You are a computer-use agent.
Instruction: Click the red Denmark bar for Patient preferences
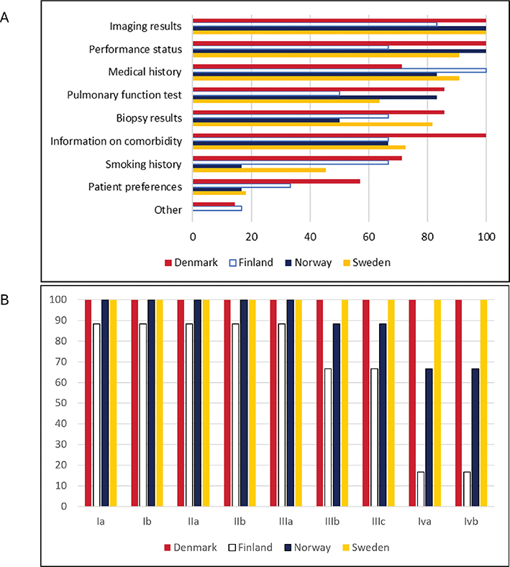coord(276,181)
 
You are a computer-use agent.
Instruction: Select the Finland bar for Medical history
coord(340,71)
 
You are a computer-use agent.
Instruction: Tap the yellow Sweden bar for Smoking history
coord(259,170)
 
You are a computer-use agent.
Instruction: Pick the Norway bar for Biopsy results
coord(266,120)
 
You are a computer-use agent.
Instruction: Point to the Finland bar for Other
coord(217,208)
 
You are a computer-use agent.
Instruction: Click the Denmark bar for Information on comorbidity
coord(340,135)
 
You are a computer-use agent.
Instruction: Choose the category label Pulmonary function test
coord(124,95)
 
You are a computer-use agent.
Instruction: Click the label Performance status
coord(135,49)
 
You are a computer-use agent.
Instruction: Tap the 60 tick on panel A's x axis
coord(369,237)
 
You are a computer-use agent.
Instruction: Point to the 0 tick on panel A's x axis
coord(193,237)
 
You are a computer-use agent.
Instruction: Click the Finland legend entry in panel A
coord(251,263)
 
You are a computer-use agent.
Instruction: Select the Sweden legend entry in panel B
coord(366,548)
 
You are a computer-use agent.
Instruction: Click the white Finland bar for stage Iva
coord(421,489)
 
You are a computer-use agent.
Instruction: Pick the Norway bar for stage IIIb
coord(337,414)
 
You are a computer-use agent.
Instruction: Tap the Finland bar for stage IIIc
coord(375,437)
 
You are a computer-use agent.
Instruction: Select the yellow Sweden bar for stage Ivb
coord(483,403)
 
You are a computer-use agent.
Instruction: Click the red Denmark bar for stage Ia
coord(88,403)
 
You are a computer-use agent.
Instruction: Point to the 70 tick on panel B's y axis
coord(60,362)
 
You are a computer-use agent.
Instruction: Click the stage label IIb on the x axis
coord(240,522)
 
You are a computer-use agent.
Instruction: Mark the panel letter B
coord(4,300)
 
